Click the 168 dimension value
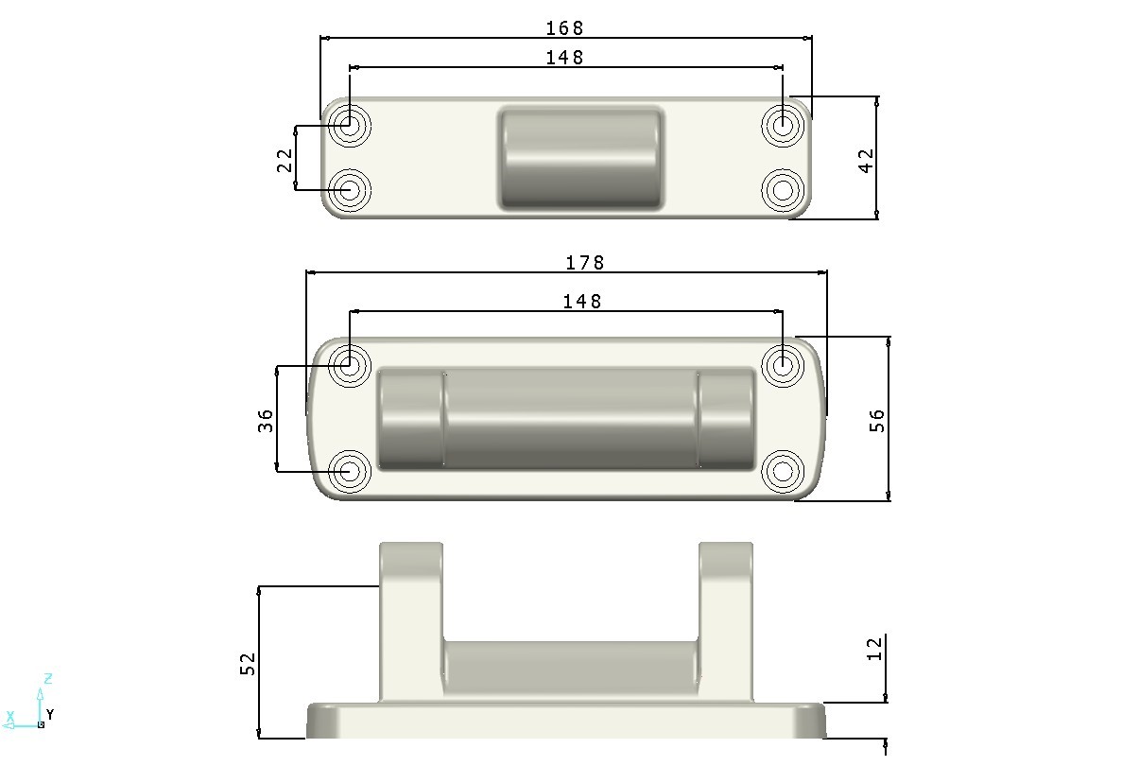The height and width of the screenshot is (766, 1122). (564, 28)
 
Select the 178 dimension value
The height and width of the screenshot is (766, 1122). (584, 263)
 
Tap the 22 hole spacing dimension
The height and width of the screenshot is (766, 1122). (285, 160)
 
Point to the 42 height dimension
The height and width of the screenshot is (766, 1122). (866, 161)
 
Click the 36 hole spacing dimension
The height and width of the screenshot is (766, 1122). (266, 420)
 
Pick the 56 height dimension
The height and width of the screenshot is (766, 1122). (876, 420)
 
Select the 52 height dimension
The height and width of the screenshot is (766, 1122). (248, 664)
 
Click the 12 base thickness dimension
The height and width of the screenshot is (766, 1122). (874, 650)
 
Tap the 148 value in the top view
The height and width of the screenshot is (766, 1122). (564, 58)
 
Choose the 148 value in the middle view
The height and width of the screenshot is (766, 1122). (581, 302)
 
